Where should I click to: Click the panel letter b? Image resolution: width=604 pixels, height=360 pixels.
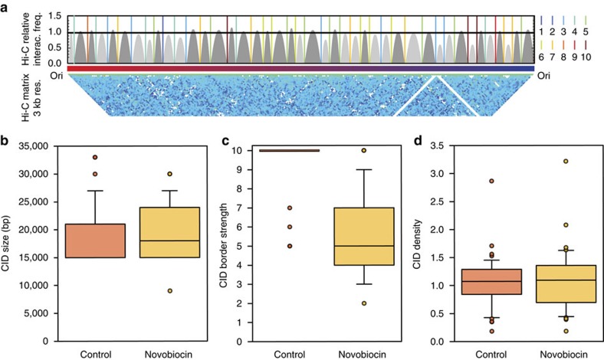point(6,142)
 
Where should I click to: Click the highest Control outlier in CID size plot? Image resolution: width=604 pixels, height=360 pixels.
point(95,157)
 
